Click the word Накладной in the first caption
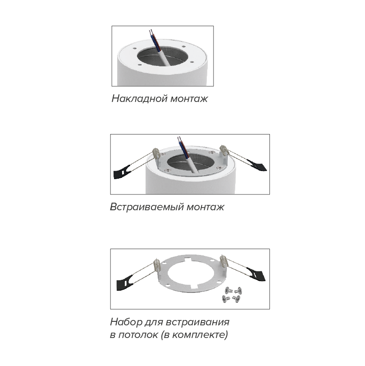pyautogui.click(x=140, y=98)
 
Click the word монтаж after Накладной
pyautogui.click(x=189, y=99)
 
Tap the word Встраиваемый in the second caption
pyautogui.click(x=147, y=207)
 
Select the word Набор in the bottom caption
pyautogui.click(x=126, y=322)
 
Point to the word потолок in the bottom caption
pyautogui.click(x=138, y=335)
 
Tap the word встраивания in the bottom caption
pyautogui.click(x=198, y=323)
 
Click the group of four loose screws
pyautogui.click(x=232, y=295)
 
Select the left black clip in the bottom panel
pyautogui.click(x=125, y=282)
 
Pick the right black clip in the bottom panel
pyautogui.click(x=256, y=274)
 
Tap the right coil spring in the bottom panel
pyautogui.click(x=224, y=262)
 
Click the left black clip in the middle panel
pyautogui.click(x=122, y=172)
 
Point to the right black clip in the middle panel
pyautogui.click(x=257, y=165)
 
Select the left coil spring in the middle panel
pyautogui.click(x=156, y=153)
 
